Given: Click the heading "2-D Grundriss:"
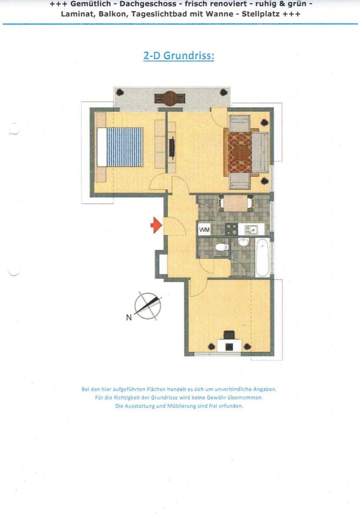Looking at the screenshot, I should pos(179,56).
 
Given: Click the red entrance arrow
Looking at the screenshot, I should pos(156,225).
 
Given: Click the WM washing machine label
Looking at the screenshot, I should pos(204,230).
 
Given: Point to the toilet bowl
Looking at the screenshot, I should pos(221,247).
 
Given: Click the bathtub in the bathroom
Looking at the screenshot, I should pos(262,258).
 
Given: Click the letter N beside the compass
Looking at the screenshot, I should pos(128,318).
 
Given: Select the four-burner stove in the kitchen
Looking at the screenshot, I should pos(232,230).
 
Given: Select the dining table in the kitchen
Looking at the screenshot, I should pos(236,204).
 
